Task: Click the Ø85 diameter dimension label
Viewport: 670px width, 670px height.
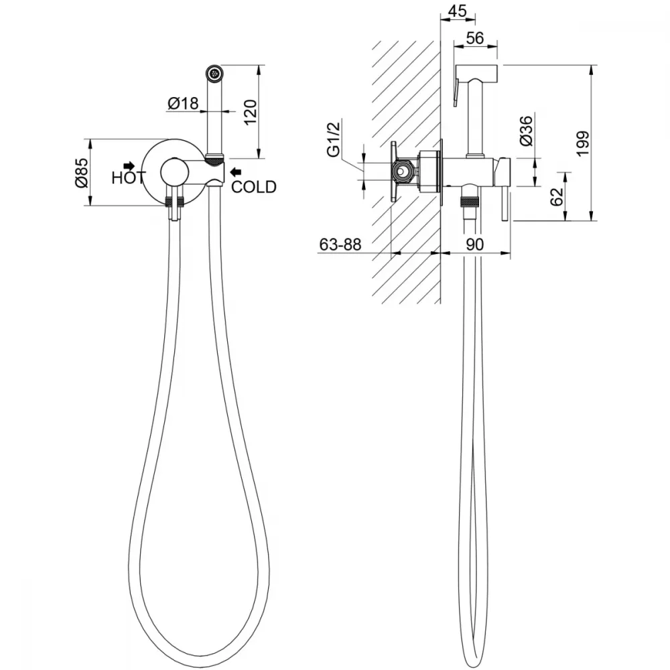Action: click(82, 173)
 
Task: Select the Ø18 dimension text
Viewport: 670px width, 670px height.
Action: click(184, 103)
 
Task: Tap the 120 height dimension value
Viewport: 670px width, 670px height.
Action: click(251, 112)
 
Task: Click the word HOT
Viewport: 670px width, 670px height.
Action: click(128, 178)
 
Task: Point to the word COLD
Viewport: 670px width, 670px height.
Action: click(254, 187)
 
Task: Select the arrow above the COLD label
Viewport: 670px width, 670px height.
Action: click(235, 172)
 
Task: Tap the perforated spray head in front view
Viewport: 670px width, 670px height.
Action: click(214, 73)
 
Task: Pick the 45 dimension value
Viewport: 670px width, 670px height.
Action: click(458, 11)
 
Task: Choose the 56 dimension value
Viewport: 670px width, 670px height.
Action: click(475, 38)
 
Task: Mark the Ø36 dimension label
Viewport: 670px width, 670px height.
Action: click(527, 131)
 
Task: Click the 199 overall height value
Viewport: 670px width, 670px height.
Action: click(583, 143)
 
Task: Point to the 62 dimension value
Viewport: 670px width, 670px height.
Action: click(557, 197)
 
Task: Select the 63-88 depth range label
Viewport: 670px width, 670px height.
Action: click(340, 245)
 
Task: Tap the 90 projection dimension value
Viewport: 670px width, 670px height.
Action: click(475, 245)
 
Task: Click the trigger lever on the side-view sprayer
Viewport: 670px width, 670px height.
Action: click(456, 92)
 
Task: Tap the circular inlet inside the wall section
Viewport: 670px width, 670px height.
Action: click(402, 172)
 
